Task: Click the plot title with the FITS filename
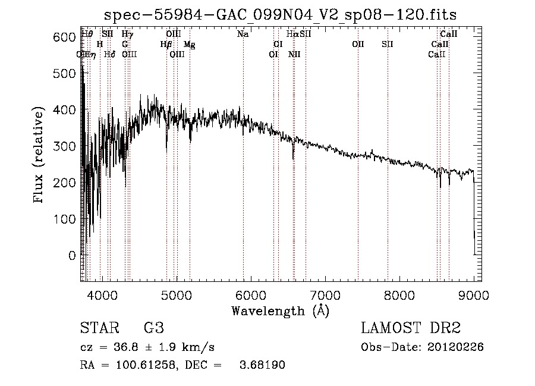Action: click(x=280, y=14)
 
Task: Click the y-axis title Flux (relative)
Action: click(x=39, y=156)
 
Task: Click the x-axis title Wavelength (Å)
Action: click(x=280, y=310)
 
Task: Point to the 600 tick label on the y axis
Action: click(x=65, y=37)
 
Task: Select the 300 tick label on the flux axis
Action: click(x=65, y=146)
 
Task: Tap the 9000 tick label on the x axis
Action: click(x=473, y=294)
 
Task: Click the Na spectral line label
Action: click(x=243, y=34)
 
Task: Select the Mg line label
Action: click(x=189, y=45)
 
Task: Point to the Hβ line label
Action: click(x=166, y=45)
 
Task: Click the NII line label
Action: click(x=294, y=55)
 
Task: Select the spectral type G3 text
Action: click(x=153, y=328)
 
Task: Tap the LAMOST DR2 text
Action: click(x=411, y=328)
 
